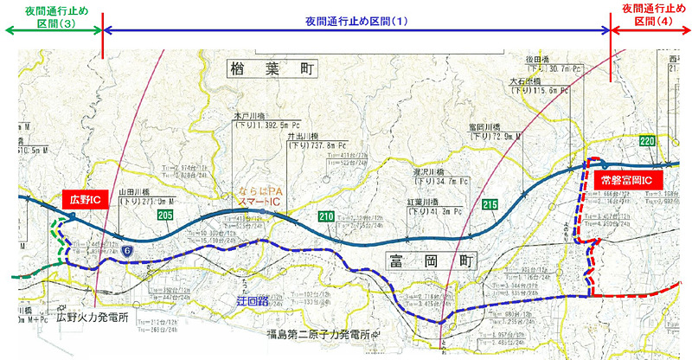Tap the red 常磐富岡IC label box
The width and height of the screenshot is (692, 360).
pos(627,181)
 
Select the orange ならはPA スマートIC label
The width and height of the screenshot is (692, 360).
pos(261,196)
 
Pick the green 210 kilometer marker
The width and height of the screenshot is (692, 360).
pos(326,216)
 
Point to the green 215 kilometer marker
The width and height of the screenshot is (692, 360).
pos(490,205)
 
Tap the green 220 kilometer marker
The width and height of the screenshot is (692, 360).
pos(646,140)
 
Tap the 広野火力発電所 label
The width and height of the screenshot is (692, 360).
pos(93,318)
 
